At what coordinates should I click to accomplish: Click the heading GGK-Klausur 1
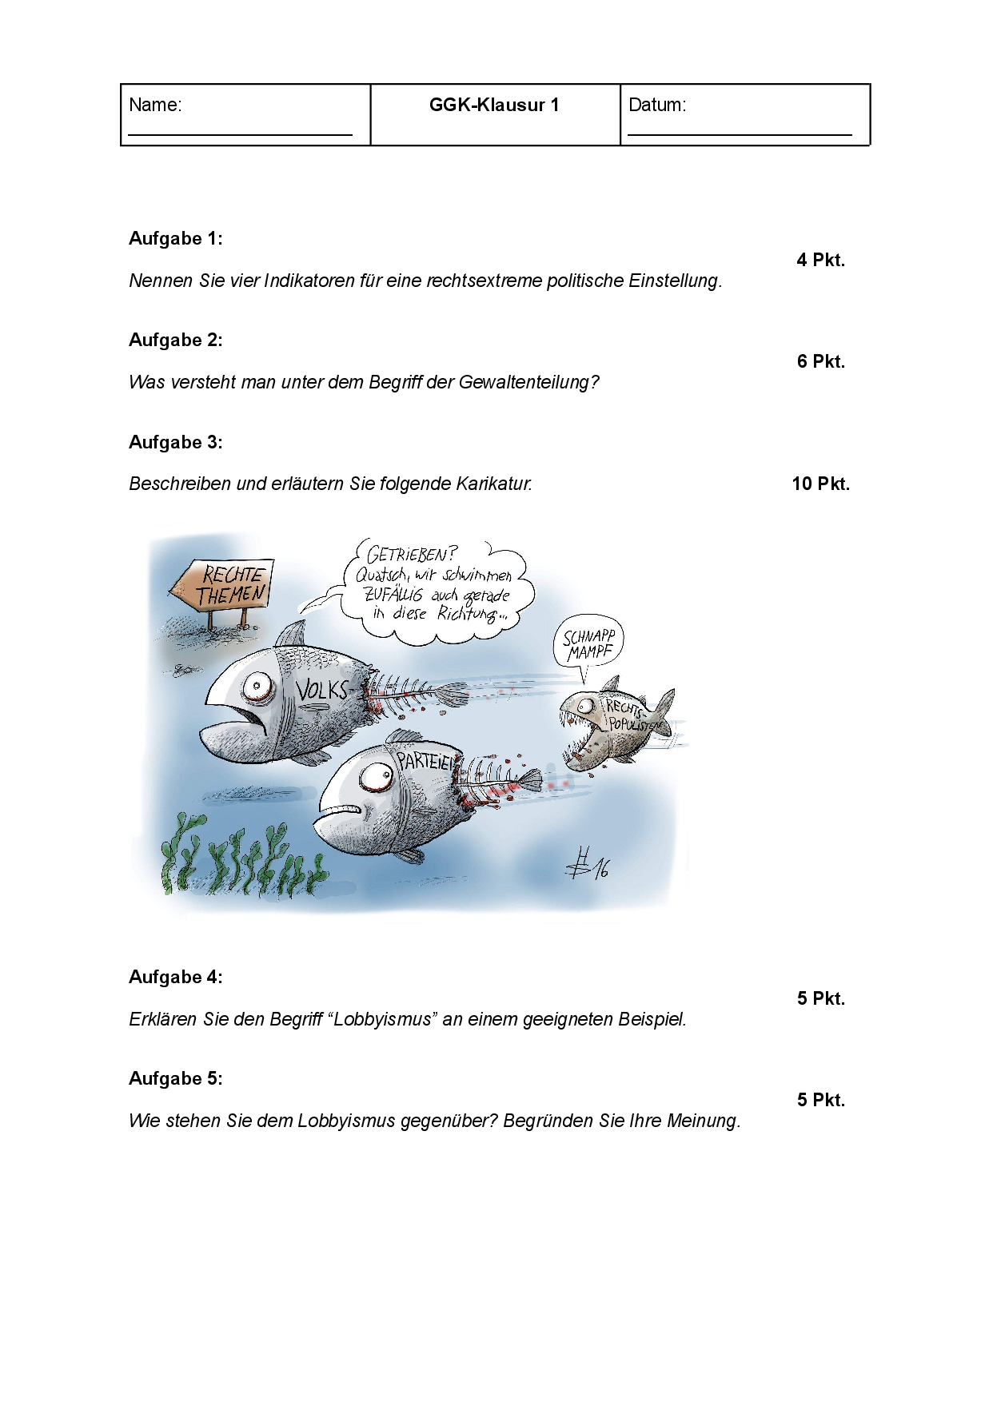coord(494,105)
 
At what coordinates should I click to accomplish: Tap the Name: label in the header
coord(155,105)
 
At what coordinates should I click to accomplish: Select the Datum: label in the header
coord(657,105)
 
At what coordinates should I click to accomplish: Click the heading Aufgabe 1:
coord(176,238)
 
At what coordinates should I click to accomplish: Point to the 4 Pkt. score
coord(820,260)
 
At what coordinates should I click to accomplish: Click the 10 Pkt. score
coord(820,484)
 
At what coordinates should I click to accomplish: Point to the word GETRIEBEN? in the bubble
coord(412,554)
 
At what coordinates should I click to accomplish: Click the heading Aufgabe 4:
coord(176,977)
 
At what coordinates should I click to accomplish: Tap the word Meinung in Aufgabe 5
coord(704,1121)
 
